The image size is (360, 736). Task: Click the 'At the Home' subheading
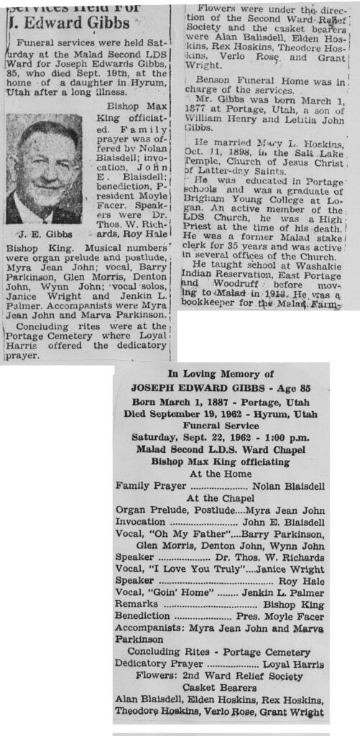click(220, 473)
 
